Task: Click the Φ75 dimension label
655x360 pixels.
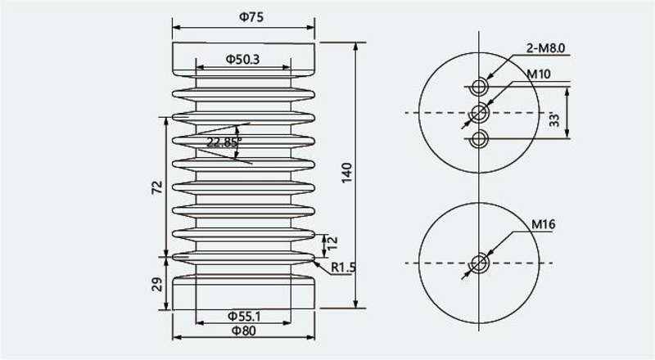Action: (x=251, y=17)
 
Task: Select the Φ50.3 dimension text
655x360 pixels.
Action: (x=242, y=60)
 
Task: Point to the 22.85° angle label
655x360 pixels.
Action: (x=224, y=142)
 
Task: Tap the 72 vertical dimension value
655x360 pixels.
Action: (x=156, y=187)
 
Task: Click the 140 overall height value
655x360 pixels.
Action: (x=346, y=173)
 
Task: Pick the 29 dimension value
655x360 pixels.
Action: (x=156, y=285)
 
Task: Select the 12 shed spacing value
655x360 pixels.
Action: (x=332, y=243)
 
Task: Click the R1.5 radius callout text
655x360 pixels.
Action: (x=343, y=268)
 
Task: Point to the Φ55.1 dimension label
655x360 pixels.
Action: (x=244, y=316)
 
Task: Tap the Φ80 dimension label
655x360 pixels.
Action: (x=243, y=331)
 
